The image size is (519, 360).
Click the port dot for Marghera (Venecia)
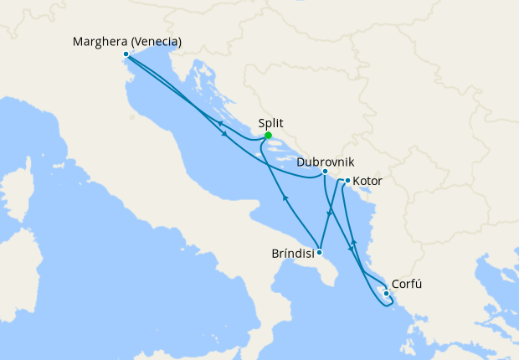pyautogui.click(x=126, y=54)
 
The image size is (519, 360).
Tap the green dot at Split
pyautogui.click(x=268, y=136)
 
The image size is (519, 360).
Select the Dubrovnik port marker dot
pyautogui.click(x=325, y=172)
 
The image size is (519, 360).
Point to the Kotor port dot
pyautogui.click(x=347, y=180)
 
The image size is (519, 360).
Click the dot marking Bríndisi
pyautogui.click(x=320, y=252)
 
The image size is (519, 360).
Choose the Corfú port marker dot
pyautogui.click(x=385, y=293)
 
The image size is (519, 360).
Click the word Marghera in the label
pyautogui.click(x=100, y=41)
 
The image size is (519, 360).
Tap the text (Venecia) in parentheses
pyautogui.click(x=157, y=41)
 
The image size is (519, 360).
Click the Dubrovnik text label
pyautogui.click(x=326, y=159)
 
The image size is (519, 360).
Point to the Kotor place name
pyautogui.click(x=368, y=180)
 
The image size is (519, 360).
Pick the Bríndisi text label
pyautogui.click(x=293, y=252)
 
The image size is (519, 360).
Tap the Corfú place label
pyautogui.click(x=407, y=284)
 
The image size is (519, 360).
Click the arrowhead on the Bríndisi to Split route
pyautogui.click(x=286, y=198)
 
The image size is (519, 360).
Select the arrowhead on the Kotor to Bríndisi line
pyautogui.click(x=329, y=215)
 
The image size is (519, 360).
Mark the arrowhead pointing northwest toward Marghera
pyautogui.click(x=220, y=122)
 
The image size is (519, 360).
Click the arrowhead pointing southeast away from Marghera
pyautogui.click(x=224, y=134)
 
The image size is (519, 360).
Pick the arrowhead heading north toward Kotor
pyautogui.click(x=353, y=242)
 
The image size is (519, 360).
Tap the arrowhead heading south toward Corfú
pyautogui.click(x=350, y=249)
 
